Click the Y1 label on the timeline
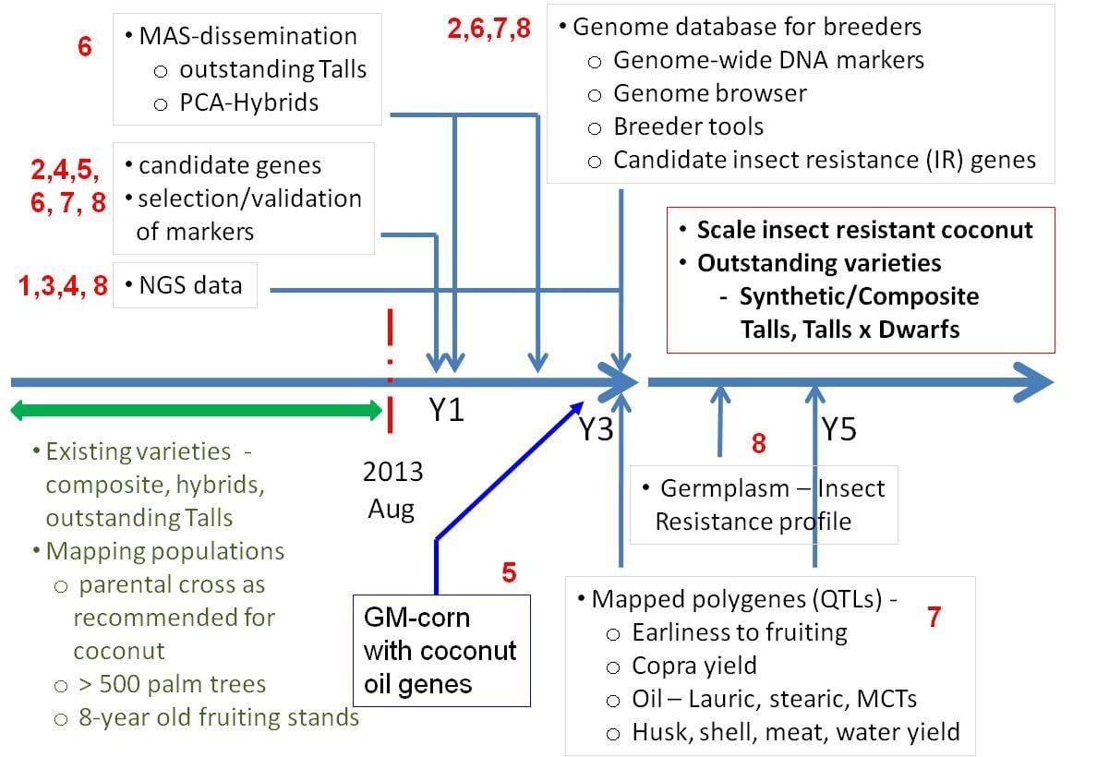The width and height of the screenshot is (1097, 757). [446, 410]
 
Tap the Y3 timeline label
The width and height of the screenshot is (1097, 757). [597, 429]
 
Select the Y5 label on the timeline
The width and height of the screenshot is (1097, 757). [838, 429]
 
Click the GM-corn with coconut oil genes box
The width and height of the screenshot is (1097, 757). [441, 651]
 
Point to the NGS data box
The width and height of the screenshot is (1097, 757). [185, 284]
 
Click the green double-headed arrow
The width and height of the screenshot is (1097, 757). [197, 411]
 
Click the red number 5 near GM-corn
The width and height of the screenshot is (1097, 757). [510, 572]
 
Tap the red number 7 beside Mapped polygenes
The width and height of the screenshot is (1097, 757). [934, 617]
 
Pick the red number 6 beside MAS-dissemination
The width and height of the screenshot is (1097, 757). [85, 46]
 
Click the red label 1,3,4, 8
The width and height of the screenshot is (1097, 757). [63, 285]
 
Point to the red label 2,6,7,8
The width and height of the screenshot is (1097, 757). [489, 28]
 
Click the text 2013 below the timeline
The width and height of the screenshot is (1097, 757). [392, 472]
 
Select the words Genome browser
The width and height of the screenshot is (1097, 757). [710, 93]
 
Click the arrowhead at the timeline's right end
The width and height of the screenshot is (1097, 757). [1034, 382]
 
